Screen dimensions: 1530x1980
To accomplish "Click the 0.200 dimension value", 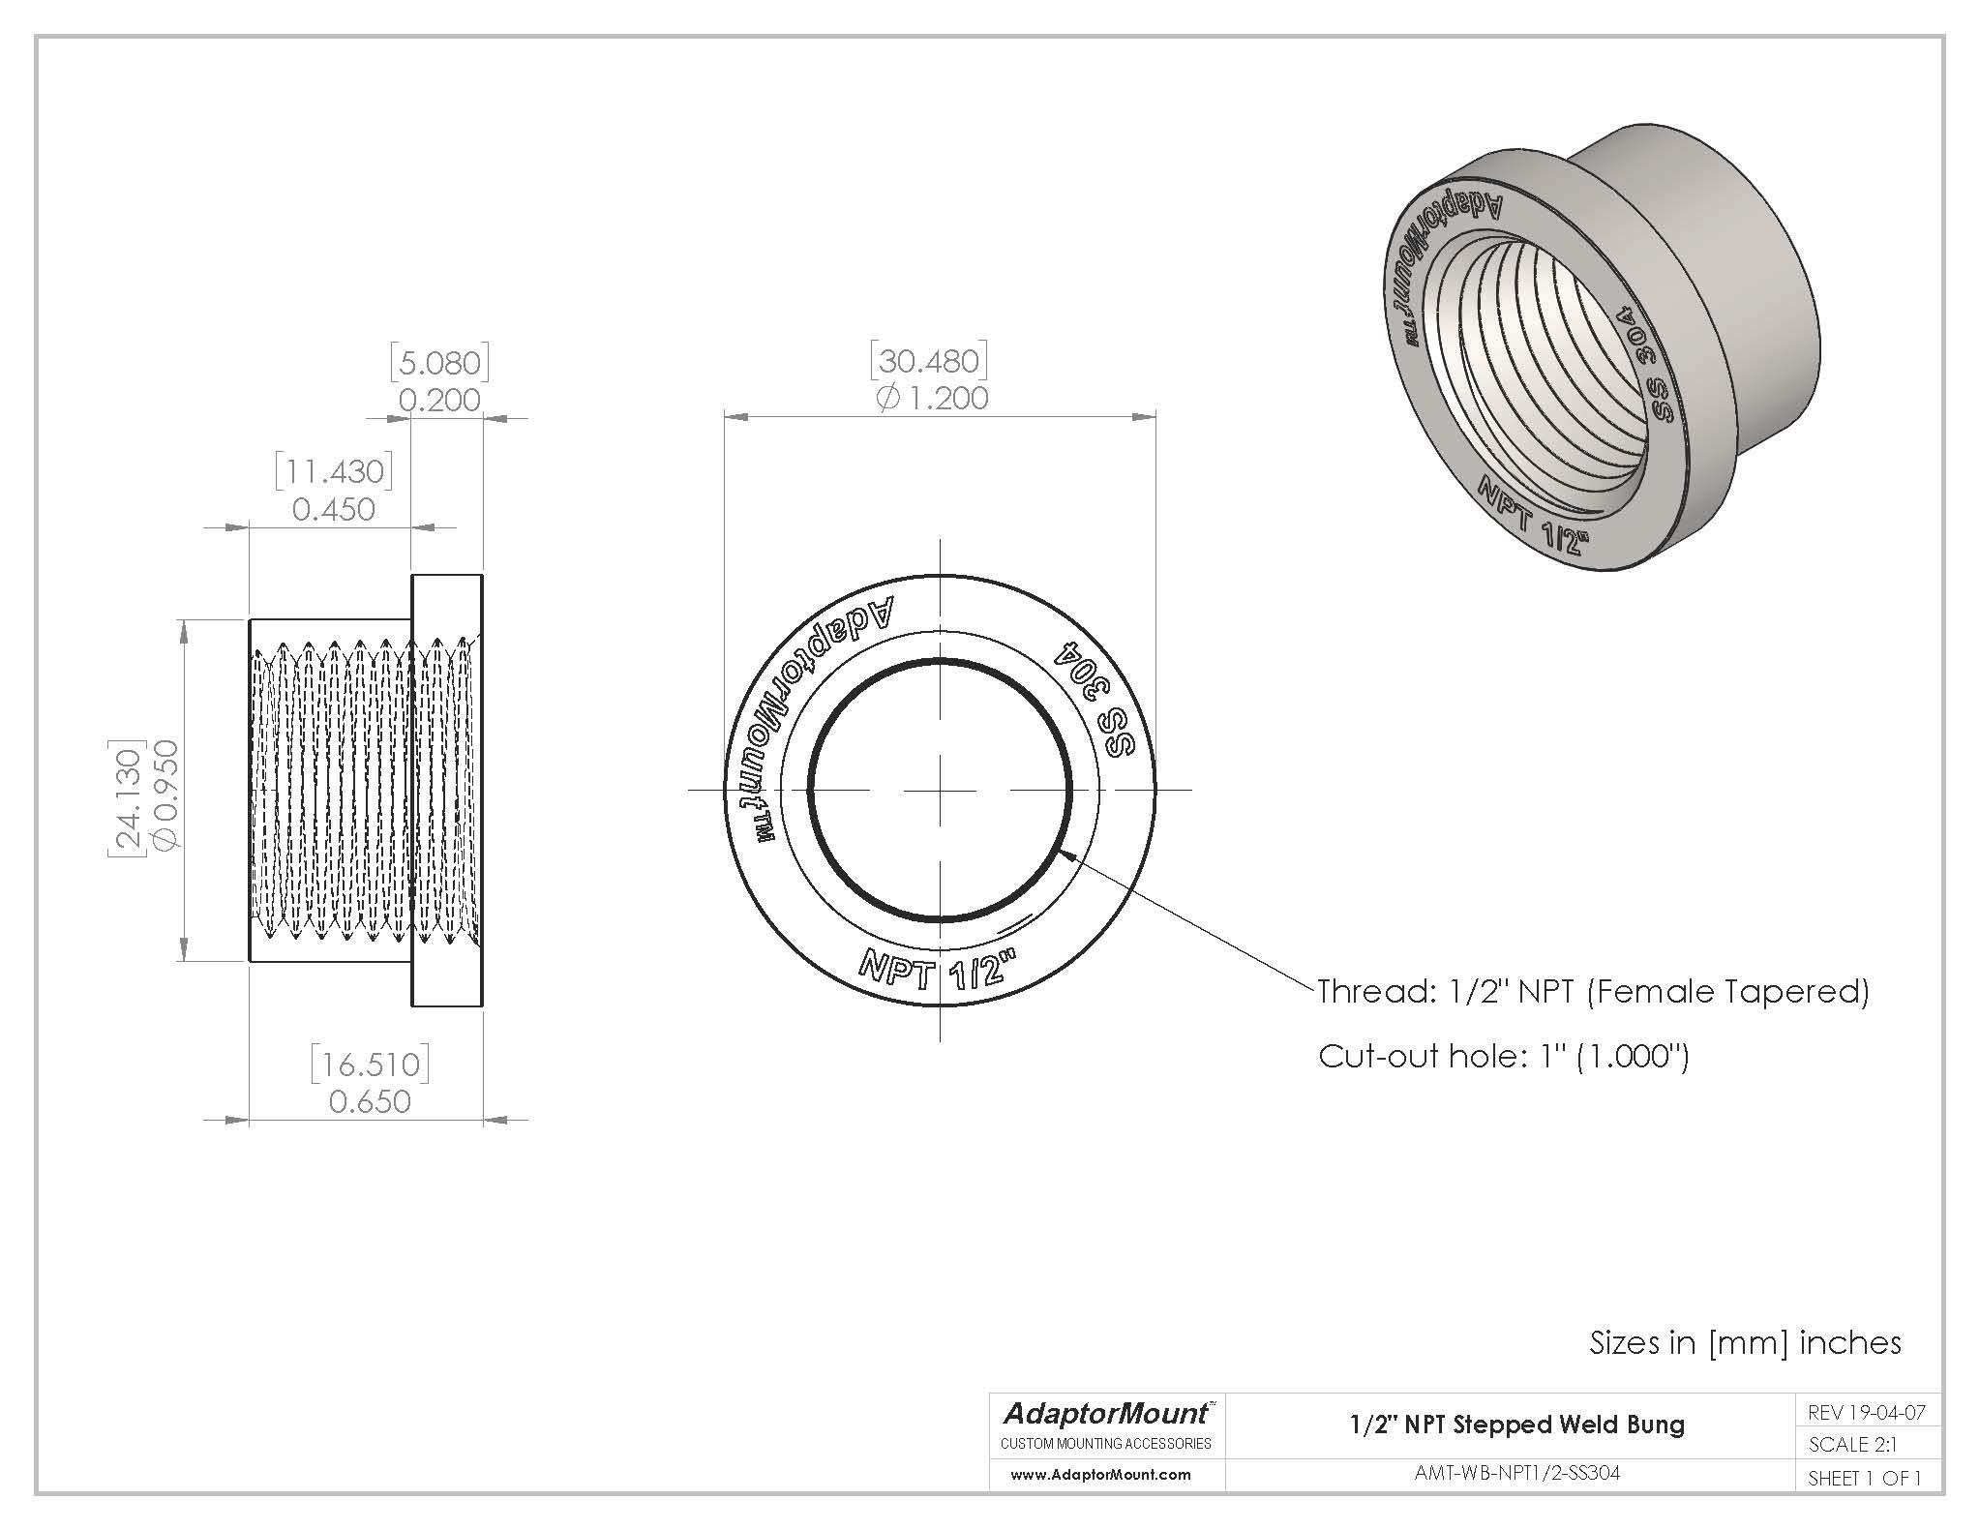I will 440,400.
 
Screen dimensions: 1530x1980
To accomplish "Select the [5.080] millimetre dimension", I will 440,363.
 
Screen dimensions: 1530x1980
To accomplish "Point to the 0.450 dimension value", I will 334,509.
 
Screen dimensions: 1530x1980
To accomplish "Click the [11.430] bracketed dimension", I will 334,471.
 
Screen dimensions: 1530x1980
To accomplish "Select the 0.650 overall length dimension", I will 370,1101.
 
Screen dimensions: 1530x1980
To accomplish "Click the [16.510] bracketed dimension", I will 370,1065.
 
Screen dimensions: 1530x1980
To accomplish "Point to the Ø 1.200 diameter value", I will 932,399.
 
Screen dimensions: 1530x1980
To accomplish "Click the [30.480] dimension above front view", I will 929,361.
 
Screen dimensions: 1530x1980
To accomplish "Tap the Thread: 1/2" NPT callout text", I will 1593,992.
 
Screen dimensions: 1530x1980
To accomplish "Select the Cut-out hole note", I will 1503,1056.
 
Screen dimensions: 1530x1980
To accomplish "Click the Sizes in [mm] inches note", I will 1745,1342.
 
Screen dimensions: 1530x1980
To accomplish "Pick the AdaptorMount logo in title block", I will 1106,1415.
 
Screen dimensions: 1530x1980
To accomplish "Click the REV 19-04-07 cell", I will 1865,1412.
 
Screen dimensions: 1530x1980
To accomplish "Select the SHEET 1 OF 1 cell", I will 1864,1478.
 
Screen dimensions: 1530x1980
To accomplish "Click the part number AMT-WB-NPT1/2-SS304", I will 1516,1473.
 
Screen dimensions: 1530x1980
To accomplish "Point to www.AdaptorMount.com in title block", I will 1100,1475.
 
